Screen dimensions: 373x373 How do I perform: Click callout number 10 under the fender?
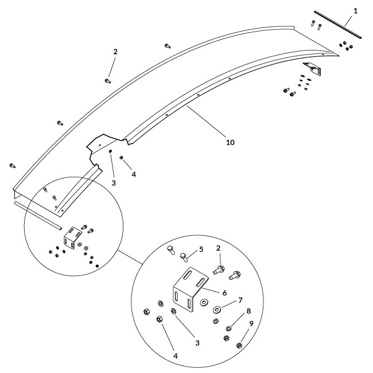point(229,141)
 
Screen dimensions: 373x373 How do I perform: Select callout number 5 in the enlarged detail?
point(200,250)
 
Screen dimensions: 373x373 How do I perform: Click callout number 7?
point(240,300)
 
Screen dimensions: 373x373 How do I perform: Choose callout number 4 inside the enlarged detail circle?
point(174,356)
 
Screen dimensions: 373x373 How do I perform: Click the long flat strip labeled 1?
point(338,24)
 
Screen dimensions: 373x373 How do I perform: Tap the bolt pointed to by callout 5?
point(185,257)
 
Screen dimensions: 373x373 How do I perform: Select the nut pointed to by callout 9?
point(239,345)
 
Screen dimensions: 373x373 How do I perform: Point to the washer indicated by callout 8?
point(228,328)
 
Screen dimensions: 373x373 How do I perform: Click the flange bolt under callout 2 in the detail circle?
point(219,267)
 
